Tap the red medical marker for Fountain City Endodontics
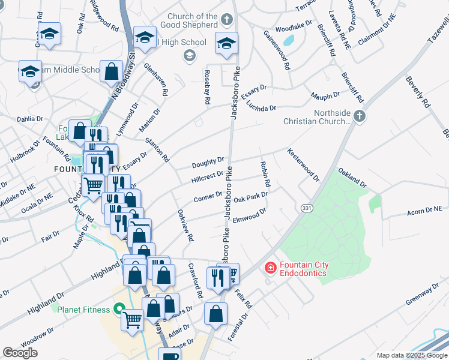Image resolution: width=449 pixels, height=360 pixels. pos(270,268)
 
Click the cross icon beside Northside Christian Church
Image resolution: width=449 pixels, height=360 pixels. pos(360,116)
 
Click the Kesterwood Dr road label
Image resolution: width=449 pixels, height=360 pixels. pos(303,164)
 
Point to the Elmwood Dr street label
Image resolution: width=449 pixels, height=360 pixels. pos(249,215)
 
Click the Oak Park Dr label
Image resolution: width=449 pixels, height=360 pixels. pos(250,196)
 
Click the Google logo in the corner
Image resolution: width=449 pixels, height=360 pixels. pos(20,353)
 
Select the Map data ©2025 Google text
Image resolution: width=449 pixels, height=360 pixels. pos(411,355)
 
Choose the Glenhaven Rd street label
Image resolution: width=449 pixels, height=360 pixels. pos(155,80)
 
